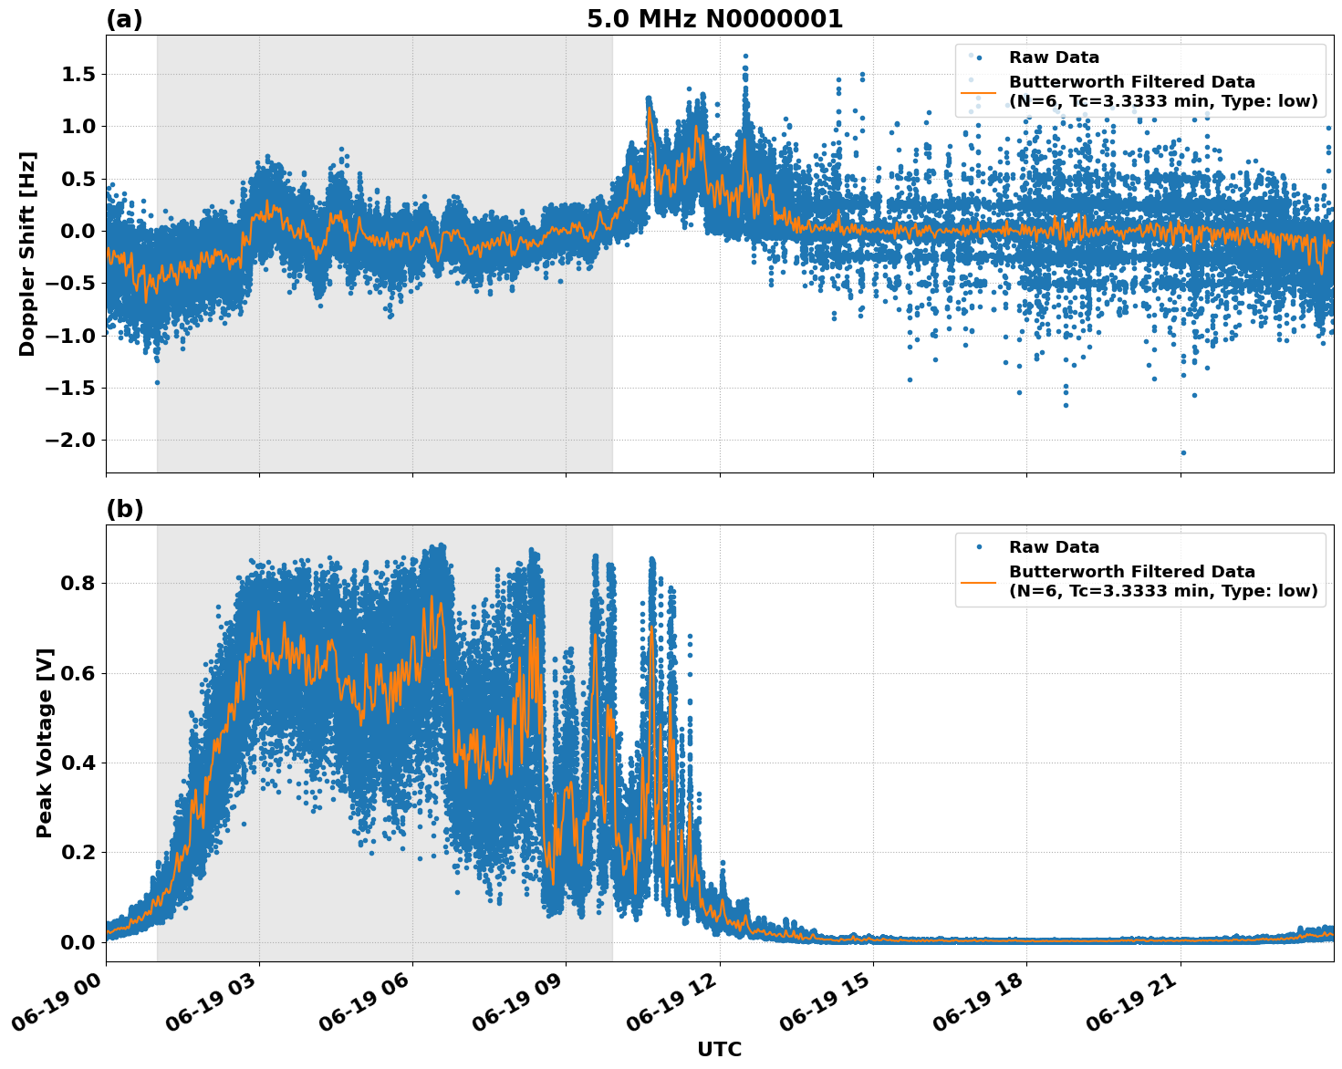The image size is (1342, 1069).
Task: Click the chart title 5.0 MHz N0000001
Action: coord(714,19)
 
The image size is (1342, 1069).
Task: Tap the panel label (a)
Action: coord(124,19)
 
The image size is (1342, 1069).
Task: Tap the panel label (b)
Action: coord(125,509)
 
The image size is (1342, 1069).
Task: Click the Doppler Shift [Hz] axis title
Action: coord(27,254)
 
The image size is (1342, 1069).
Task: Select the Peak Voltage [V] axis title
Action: coord(45,742)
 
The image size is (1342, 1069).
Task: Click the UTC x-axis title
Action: coord(719,1049)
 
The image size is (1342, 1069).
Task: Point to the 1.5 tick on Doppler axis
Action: coord(78,74)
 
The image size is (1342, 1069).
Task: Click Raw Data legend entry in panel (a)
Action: coord(1054,57)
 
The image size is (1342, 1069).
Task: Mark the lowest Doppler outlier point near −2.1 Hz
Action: coord(1183,452)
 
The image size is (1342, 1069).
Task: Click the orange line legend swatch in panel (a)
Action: coord(979,92)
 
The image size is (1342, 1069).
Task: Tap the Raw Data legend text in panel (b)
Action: coord(1054,547)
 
